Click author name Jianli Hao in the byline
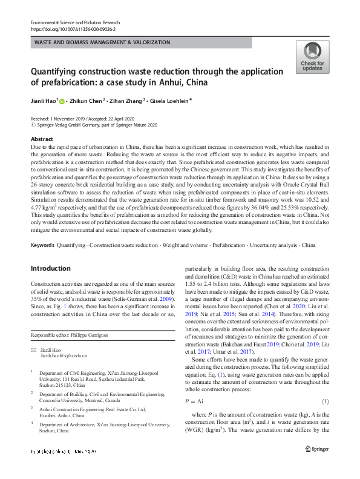pyautogui.click(x=45, y=101)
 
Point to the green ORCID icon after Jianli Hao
pyautogui.click(x=64, y=102)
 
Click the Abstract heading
pyautogui.click(x=42, y=139)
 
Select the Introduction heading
pyautogui.click(x=50, y=268)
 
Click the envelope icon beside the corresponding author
pyautogui.click(x=33, y=351)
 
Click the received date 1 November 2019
pyautogui.click(x=70, y=119)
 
